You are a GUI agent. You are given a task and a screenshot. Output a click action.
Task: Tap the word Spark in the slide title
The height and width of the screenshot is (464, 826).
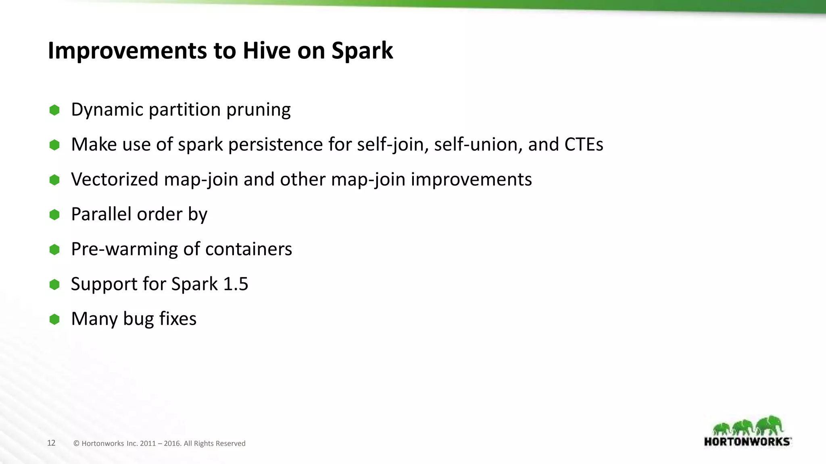(362, 51)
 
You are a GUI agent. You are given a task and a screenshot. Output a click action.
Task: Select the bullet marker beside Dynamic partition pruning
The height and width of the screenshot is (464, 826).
(54, 110)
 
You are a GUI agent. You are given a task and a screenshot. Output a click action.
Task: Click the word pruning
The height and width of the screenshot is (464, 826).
(258, 110)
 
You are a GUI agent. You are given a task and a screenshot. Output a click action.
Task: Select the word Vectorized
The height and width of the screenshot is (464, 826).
(115, 179)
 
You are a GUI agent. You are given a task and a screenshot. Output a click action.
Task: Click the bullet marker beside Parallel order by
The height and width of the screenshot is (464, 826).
(54, 215)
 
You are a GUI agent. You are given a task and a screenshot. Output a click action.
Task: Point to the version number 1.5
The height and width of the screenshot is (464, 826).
(236, 284)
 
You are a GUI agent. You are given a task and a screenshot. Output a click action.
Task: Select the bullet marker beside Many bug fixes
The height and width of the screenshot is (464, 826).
(54, 319)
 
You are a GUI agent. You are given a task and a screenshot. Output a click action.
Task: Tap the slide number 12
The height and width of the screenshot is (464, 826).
(51, 443)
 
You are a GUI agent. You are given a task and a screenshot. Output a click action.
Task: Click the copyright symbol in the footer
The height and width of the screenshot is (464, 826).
(76, 443)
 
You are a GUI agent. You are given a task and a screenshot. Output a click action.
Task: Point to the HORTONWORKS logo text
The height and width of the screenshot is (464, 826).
(747, 441)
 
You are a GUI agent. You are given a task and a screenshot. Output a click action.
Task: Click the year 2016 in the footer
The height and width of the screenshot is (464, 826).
(172, 443)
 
